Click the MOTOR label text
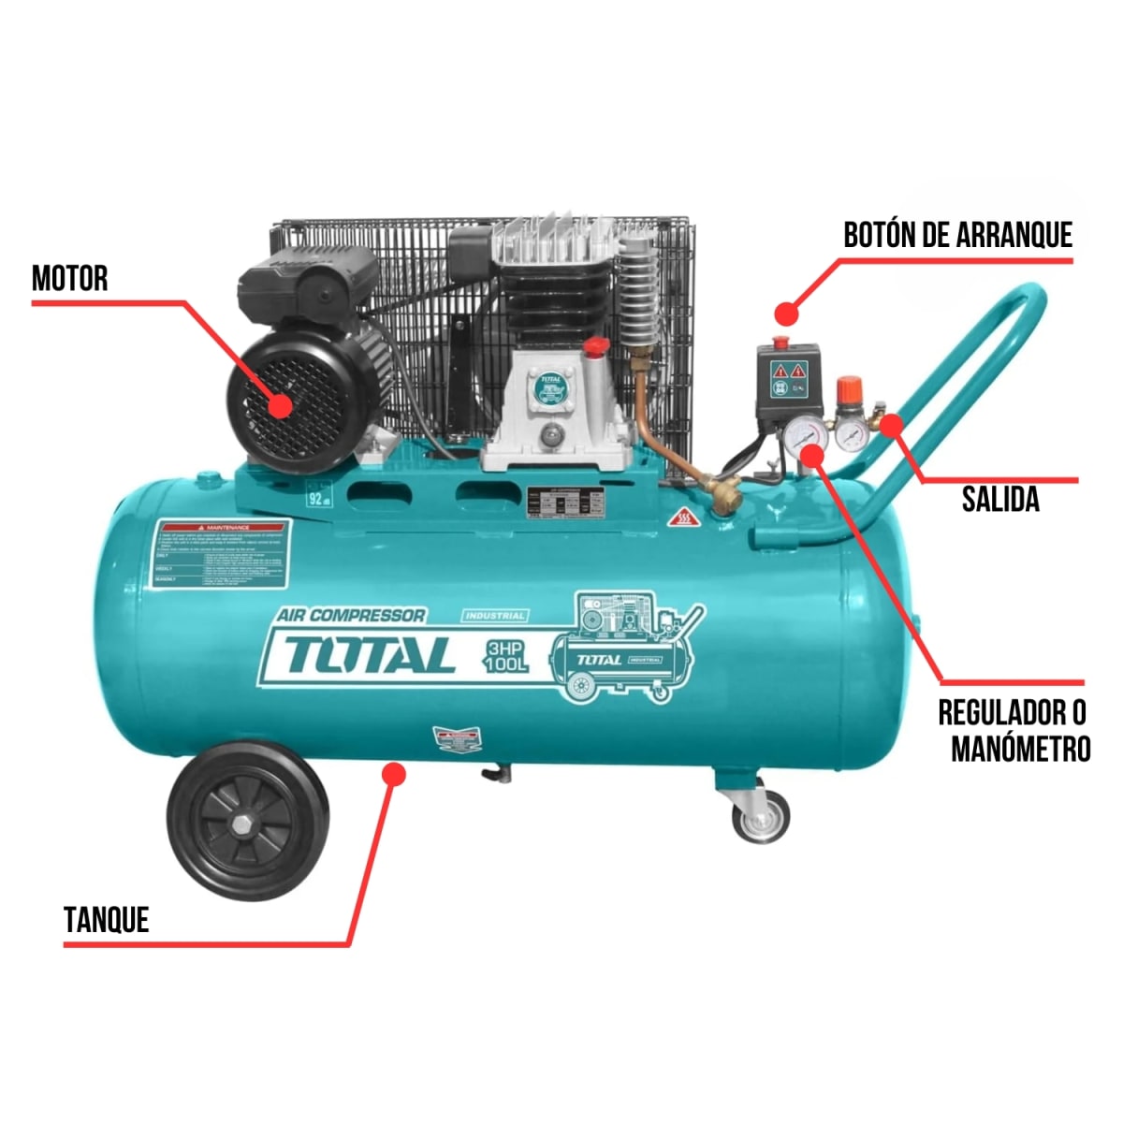click(x=70, y=278)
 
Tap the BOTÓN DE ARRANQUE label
click(x=957, y=235)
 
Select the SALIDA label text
click(x=1000, y=499)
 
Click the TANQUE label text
click(x=107, y=920)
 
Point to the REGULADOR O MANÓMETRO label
click(x=1014, y=731)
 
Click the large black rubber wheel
click(x=248, y=819)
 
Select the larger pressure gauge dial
click(x=806, y=435)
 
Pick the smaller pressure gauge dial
click(x=852, y=433)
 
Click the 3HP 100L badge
click(x=507, y=656)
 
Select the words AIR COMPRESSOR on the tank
click(x=351, y=615)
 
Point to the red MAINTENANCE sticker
click(x=223, y=554)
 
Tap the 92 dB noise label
click(x=319, y=495)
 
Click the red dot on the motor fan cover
click(x=279, y=406)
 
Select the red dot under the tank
click(x=395, y=774)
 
